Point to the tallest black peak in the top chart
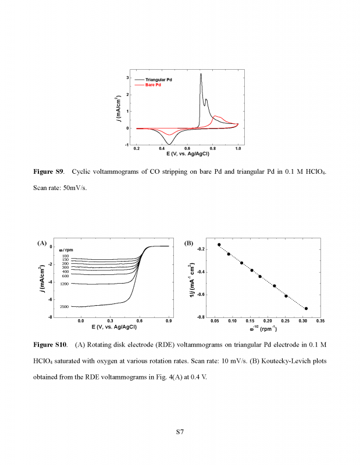tap(201, 74)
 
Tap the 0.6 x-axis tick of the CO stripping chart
tap(187, 149)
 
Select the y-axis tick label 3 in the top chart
tap(128, 78)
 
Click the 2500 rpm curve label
tap(64, 306)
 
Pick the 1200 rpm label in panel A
tap(64, 284)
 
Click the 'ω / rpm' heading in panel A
tap(66, 250)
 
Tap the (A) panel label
tap(42, 243)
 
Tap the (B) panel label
tap(188, 243)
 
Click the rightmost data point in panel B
tap(306, 308)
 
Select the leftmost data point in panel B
tap(219, 245)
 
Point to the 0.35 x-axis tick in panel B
tap(320, 320)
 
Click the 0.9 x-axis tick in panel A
tap(169, 320)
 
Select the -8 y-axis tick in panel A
tap(51, 317)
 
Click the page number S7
tap(180, 432)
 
